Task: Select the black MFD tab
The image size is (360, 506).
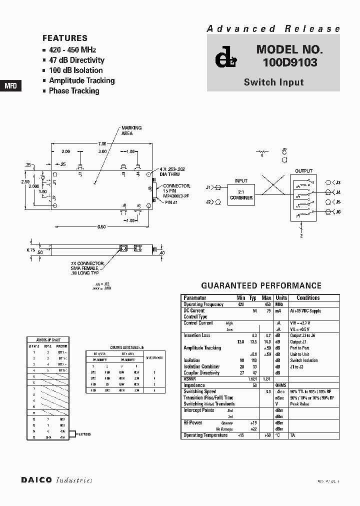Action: click(10, 85)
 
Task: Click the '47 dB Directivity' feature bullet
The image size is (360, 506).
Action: click(76, 60)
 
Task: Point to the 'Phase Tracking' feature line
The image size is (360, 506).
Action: click(73, 91)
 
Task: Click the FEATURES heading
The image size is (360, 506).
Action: click(65, 38)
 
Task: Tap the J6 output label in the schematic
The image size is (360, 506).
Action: click(337, 212)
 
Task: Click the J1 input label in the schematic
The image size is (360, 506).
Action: click(208, 187)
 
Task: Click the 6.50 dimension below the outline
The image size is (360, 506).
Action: click(102, 227)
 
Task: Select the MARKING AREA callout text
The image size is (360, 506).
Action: click(131, 131)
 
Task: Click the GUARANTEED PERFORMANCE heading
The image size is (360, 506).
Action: click(261, 285)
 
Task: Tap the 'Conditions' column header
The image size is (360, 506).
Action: click(308, 298)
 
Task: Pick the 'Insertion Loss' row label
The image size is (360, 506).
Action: click(197, 335)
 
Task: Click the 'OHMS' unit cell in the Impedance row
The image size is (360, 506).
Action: click(281, 385)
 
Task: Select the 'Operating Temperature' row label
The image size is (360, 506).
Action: click(205, 435)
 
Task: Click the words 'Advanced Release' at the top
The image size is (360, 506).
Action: click(273, 29)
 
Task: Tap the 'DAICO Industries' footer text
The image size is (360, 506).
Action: click(56, 480)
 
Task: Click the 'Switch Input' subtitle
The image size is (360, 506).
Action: click(273, 82)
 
